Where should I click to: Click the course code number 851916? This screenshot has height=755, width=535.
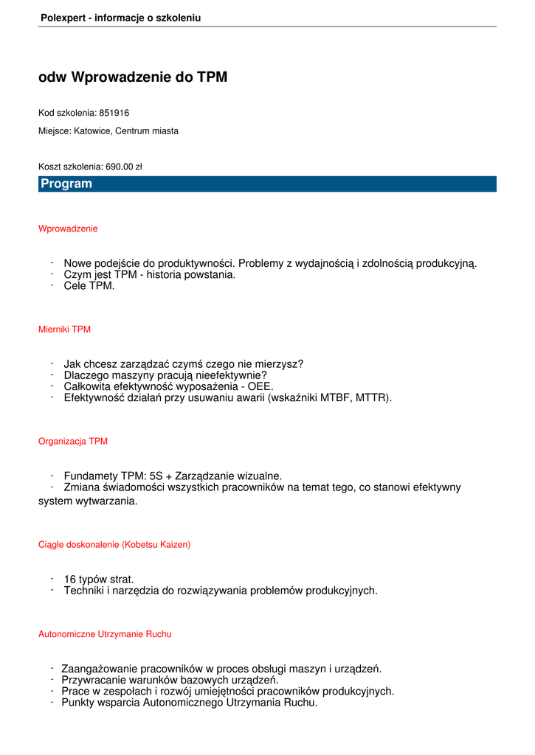[x=114, y=113]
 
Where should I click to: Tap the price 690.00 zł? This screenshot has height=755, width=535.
[x=123, y=167]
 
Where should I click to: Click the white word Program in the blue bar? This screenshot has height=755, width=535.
[x=66, y=184]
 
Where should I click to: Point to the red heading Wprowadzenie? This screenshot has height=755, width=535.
[x=68, y=229]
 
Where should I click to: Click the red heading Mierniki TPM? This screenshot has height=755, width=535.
[x=64, y=330]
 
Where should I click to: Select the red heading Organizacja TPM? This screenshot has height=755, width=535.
[x=73, y=442]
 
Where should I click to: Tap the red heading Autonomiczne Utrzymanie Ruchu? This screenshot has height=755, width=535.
[x=105, y=634]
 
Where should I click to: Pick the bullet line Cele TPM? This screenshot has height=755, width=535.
[x=89, y=286]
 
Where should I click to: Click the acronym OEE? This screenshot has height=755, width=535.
[x=260, y=386]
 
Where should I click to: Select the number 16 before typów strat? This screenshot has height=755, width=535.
[x=70, y=580]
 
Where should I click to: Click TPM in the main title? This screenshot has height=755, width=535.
[x=212, y=77]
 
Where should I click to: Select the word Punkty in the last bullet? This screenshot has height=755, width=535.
[x=78, y=703]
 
